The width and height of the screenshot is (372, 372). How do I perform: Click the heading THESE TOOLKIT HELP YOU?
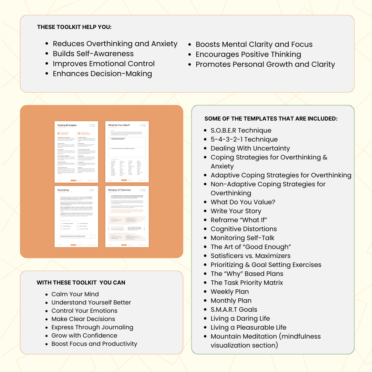pos(74,27)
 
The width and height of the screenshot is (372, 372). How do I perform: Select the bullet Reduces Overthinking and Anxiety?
pos(115,44)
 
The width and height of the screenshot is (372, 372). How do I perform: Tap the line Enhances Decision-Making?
pos(102,74)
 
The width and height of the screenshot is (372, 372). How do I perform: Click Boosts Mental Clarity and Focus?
pos(254,44)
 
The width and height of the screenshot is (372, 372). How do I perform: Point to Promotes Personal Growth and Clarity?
pos(265,64)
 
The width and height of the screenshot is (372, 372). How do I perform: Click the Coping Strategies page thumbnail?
pos(76,152)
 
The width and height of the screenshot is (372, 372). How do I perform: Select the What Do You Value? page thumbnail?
pos(127,152)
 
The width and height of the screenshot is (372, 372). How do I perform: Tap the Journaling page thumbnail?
pos(76,216)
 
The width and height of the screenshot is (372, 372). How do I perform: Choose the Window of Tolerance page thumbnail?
pos(127,216)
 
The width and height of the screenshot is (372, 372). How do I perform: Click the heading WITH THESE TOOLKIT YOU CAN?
pos(81,282)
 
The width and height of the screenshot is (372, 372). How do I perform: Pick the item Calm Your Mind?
pos(75,294)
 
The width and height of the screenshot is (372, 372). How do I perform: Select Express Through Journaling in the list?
pos(92,327)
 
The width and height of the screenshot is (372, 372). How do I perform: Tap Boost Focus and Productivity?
pos(94,344)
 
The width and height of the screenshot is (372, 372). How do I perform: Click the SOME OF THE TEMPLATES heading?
pos(271,118)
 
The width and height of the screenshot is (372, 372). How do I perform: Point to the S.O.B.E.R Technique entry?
pos(241,131)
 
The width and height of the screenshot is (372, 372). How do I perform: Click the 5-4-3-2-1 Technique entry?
pos(244,139)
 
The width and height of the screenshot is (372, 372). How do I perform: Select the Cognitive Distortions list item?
pos(244,229)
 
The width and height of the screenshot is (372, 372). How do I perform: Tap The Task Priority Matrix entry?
pos(247,283)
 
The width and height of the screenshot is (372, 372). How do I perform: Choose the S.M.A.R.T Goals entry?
pos(234,310)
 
